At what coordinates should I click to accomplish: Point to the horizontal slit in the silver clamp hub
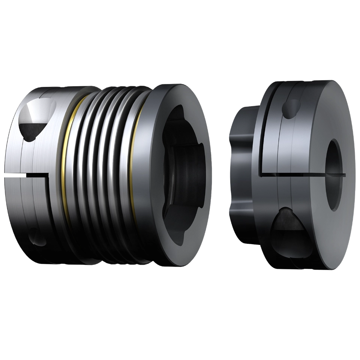click(26, 175)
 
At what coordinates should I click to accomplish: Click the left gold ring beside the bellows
click(66, 165)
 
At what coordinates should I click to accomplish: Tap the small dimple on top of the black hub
click(292, 108)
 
